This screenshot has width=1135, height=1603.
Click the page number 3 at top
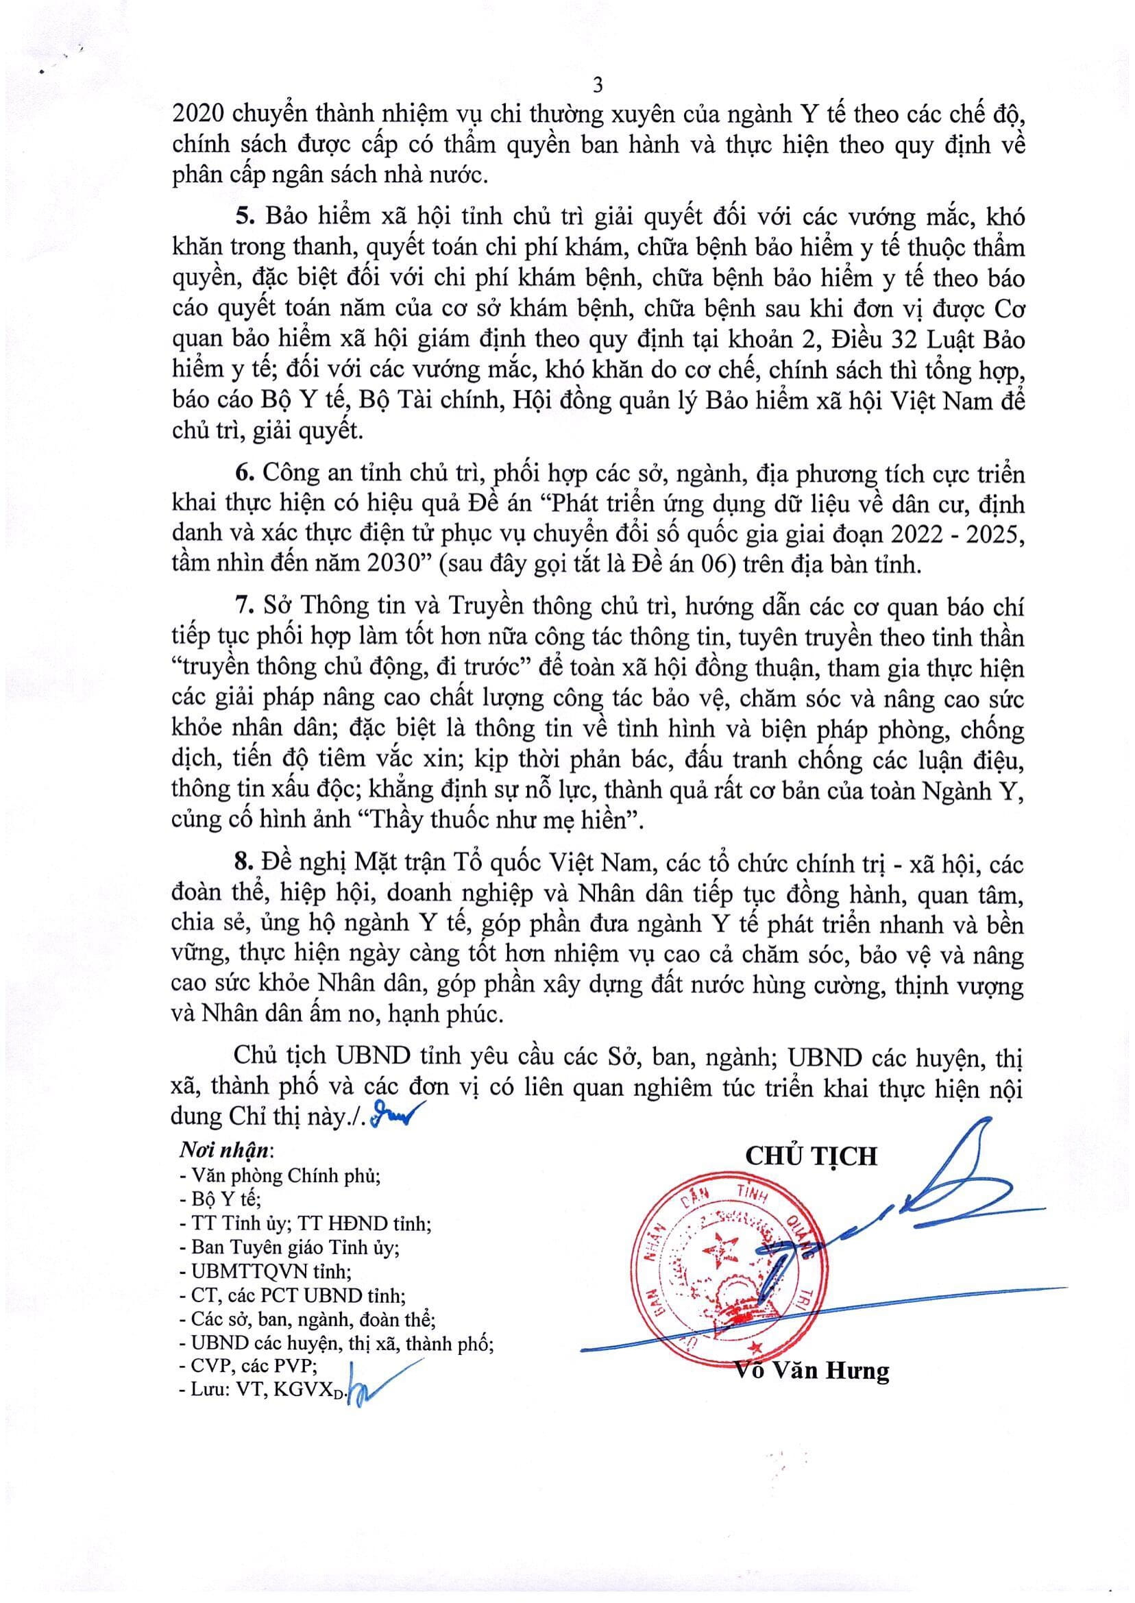point(597,86)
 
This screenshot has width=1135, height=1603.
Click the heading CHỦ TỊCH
point(811,1156)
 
